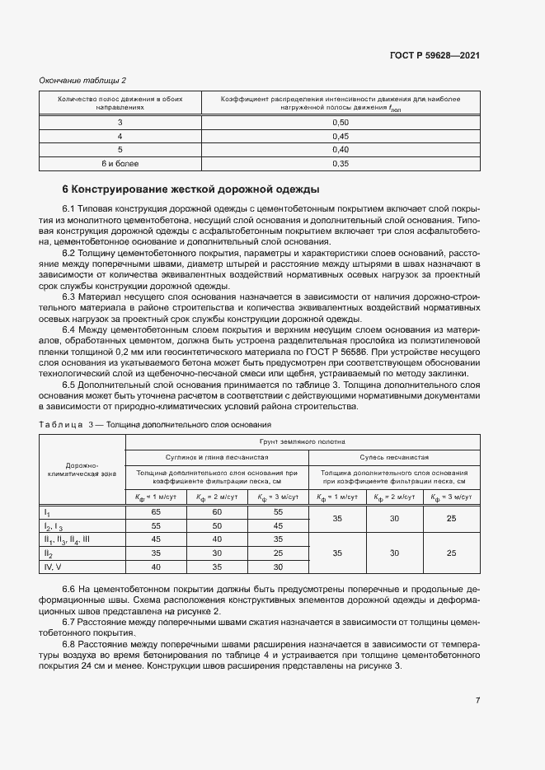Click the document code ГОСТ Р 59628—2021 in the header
pyautogui.click(x=434, y=56)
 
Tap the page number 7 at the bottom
pyautogui.click(x=477, y=700)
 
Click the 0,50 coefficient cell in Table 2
pyautogui.click(x=340, y=122)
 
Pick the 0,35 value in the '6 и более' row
pyautogui.click(x=340, y=164)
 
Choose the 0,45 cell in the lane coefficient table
pyautogui.click(x=340, y=136)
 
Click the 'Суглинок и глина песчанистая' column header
pyautogui.click(x=216, y=456)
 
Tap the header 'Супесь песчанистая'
pyautogui.click(x=394, y=456)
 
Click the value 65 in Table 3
pyautogui.click(x=156, y=511)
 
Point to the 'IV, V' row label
pyautogui.click(x=54, y=567)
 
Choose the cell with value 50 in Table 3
pyautogui.click(x=217, y=525)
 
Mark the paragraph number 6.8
pyautogui.click(x=69, y=644)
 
